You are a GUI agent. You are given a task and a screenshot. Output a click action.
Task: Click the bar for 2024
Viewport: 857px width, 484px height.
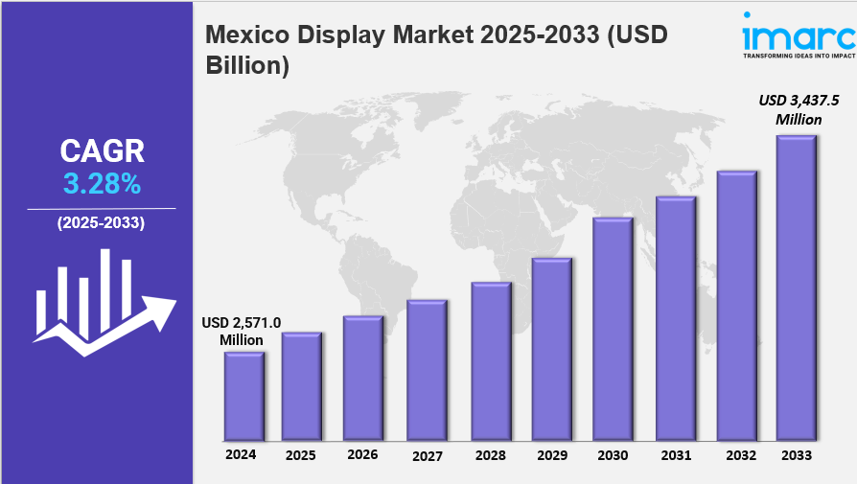244,395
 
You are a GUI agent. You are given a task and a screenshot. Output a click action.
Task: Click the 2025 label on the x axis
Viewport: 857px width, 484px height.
301,456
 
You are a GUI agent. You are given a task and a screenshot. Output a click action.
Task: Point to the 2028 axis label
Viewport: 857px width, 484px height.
490,456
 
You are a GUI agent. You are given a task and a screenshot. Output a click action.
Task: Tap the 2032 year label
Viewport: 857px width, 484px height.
736,456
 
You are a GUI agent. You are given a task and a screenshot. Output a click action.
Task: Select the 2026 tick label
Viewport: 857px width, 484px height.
362,454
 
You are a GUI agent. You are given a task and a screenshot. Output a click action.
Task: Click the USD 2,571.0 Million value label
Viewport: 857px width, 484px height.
241,332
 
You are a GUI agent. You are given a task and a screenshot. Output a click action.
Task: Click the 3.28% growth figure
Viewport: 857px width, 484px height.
102,184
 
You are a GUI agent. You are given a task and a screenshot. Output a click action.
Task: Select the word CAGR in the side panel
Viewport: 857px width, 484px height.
102,150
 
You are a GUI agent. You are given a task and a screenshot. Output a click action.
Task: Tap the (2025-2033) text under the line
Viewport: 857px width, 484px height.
101,223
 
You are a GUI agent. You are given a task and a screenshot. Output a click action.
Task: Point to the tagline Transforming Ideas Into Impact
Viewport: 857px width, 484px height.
798,56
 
